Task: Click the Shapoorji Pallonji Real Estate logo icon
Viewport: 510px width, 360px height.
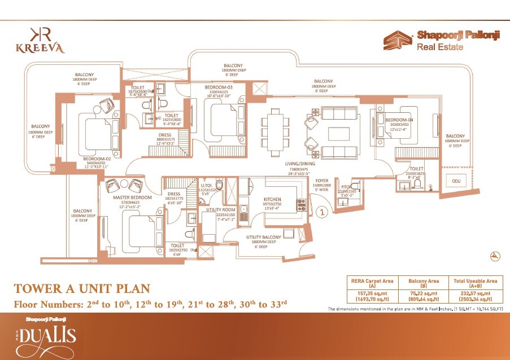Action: point(398,41)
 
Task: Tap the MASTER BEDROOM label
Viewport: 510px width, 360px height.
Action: point(133,197)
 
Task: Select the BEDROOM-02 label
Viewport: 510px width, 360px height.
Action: point(96,160)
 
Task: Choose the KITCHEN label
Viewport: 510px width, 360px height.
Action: point(277,200)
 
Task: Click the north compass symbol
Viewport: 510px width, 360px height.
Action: point(495,256)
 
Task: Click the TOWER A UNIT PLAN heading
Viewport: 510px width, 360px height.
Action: point(82,289)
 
